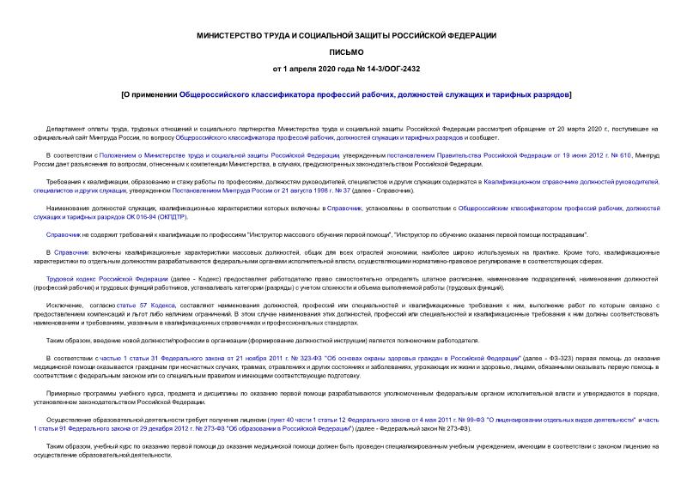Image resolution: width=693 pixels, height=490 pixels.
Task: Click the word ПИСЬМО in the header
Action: point(345,51)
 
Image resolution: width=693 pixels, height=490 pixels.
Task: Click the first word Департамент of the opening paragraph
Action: point(64,129)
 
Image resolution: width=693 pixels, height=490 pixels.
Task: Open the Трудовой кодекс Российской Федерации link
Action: point(102,278)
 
